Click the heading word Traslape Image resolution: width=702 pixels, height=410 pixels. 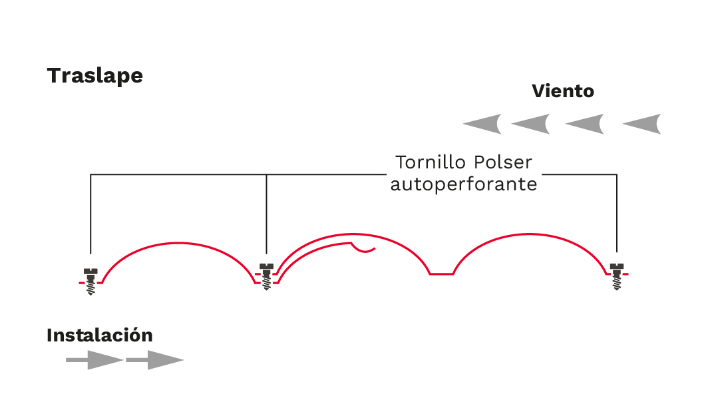[x=94, y=76]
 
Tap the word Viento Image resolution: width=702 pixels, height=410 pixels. [x=562, y=91]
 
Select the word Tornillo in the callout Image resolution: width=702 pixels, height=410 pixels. [x=431, y=162]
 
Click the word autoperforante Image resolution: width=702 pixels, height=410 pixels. [x=463, y=184]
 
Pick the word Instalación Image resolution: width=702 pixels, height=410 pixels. [x=99, y=335]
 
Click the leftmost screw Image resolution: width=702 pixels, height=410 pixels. [x=90, y=280]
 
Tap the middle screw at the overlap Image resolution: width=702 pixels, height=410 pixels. [x=266, y=276]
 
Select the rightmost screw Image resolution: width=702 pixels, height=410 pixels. [x=617, y=276]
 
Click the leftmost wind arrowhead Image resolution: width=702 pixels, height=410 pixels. [x=482, y=124]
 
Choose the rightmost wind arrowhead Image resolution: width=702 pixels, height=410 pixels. [x=642, y=124]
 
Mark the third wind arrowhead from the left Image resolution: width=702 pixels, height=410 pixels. [x=585, y=124]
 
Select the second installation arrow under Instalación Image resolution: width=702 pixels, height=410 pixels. [x=154, y=360]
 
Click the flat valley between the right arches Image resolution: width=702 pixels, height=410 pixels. [x=441, y=273]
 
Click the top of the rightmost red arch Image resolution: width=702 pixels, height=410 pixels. [x=530, y=235]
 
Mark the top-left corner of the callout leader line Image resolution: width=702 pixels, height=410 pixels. [x=90, y=175]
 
